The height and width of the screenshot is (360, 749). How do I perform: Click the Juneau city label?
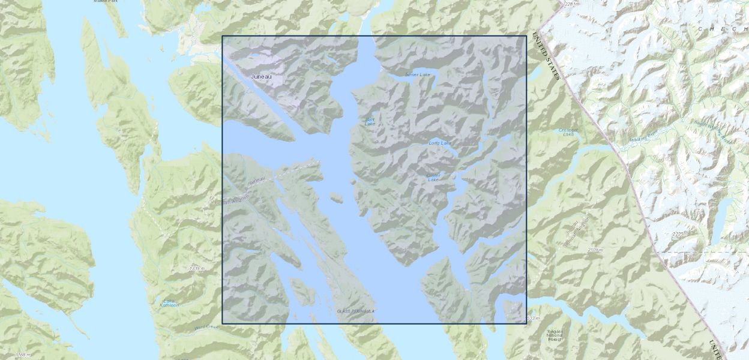click(x=261, y=77)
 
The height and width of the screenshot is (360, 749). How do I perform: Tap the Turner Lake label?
click(x=418, y=75)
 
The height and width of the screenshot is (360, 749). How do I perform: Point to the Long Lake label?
click(x=440, y=143)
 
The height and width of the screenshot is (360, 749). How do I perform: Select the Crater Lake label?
click(x=433, y=178)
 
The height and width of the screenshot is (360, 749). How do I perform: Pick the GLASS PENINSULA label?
click(x=356, y=311)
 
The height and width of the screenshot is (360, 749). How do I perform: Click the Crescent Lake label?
click(x=568, y=132)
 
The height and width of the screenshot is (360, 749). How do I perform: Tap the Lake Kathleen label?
click(x=169, y=303)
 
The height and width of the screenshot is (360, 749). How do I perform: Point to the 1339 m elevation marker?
click(x=197, y=268)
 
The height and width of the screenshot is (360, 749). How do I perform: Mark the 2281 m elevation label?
click(x=572, y=4)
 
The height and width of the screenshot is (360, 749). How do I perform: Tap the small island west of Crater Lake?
click(x=337, y=198)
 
